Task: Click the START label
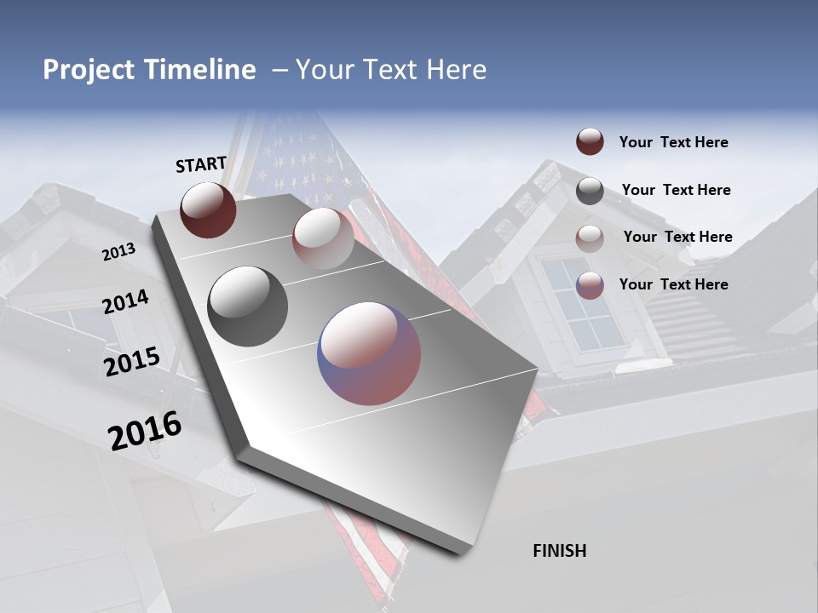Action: pos(201,164)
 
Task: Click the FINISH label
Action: pos(560,551)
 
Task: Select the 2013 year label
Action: pos(118,252)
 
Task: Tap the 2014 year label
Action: pos(125,302)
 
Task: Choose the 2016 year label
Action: pos(145,431)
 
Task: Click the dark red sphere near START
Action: pos(208,209)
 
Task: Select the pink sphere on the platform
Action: pos(322,238)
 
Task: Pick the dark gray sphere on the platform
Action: pos(247,306)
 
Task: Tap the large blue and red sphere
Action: pos(369,353)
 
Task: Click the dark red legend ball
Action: pos(590,142)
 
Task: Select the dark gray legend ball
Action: pos(590,191)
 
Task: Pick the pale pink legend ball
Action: pos(590,238)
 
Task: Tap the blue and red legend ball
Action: pos(590,285)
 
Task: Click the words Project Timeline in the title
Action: pos(149,70)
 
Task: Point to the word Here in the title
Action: pos(456,70)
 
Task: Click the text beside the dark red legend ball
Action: pos(673,143)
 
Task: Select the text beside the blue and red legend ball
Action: pos(673,284)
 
